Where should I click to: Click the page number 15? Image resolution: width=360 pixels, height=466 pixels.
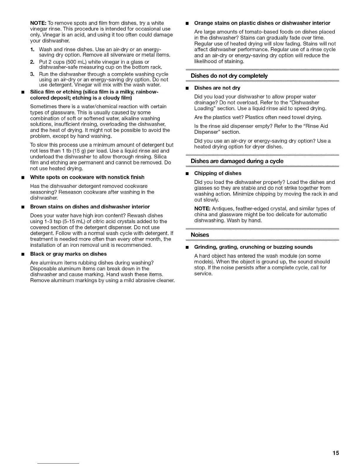click(x=336, y=453)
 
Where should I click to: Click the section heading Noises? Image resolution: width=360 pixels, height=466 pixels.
click(x=200, y=235)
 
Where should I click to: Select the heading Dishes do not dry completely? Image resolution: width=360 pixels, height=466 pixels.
click(x=229, y=76)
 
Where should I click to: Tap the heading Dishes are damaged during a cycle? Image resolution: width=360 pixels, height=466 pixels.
click(x=237, y=161)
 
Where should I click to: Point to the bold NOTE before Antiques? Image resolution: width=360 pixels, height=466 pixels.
click(x=201, y=209)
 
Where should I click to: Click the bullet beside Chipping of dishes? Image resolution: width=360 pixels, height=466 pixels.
click(x=186, y=174)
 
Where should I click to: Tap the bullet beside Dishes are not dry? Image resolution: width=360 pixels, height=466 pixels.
click(x=186, y=88)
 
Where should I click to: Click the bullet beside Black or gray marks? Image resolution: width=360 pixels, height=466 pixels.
click(x=22, y=254)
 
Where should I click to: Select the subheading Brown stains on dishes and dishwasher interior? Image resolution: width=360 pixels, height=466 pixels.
click(x=90, y=207)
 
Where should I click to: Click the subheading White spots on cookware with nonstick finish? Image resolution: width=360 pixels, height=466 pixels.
click(x=87, y=177)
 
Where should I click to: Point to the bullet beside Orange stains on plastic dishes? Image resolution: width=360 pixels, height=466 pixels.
click(x=186, y=23)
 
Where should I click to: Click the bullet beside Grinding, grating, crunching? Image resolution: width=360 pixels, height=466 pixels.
click(x=186, y=247)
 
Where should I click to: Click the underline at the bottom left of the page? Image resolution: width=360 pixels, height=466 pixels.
click(x=58, y=464)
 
